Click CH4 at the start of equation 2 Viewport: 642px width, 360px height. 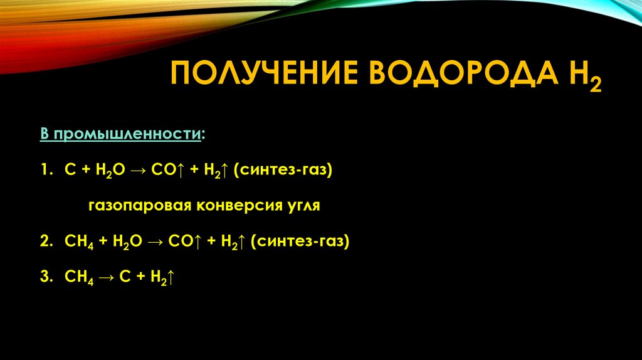pos(79,242)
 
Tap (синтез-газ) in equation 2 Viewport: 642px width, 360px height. pos(300,242)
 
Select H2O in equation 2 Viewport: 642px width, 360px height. pos(127,242)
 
